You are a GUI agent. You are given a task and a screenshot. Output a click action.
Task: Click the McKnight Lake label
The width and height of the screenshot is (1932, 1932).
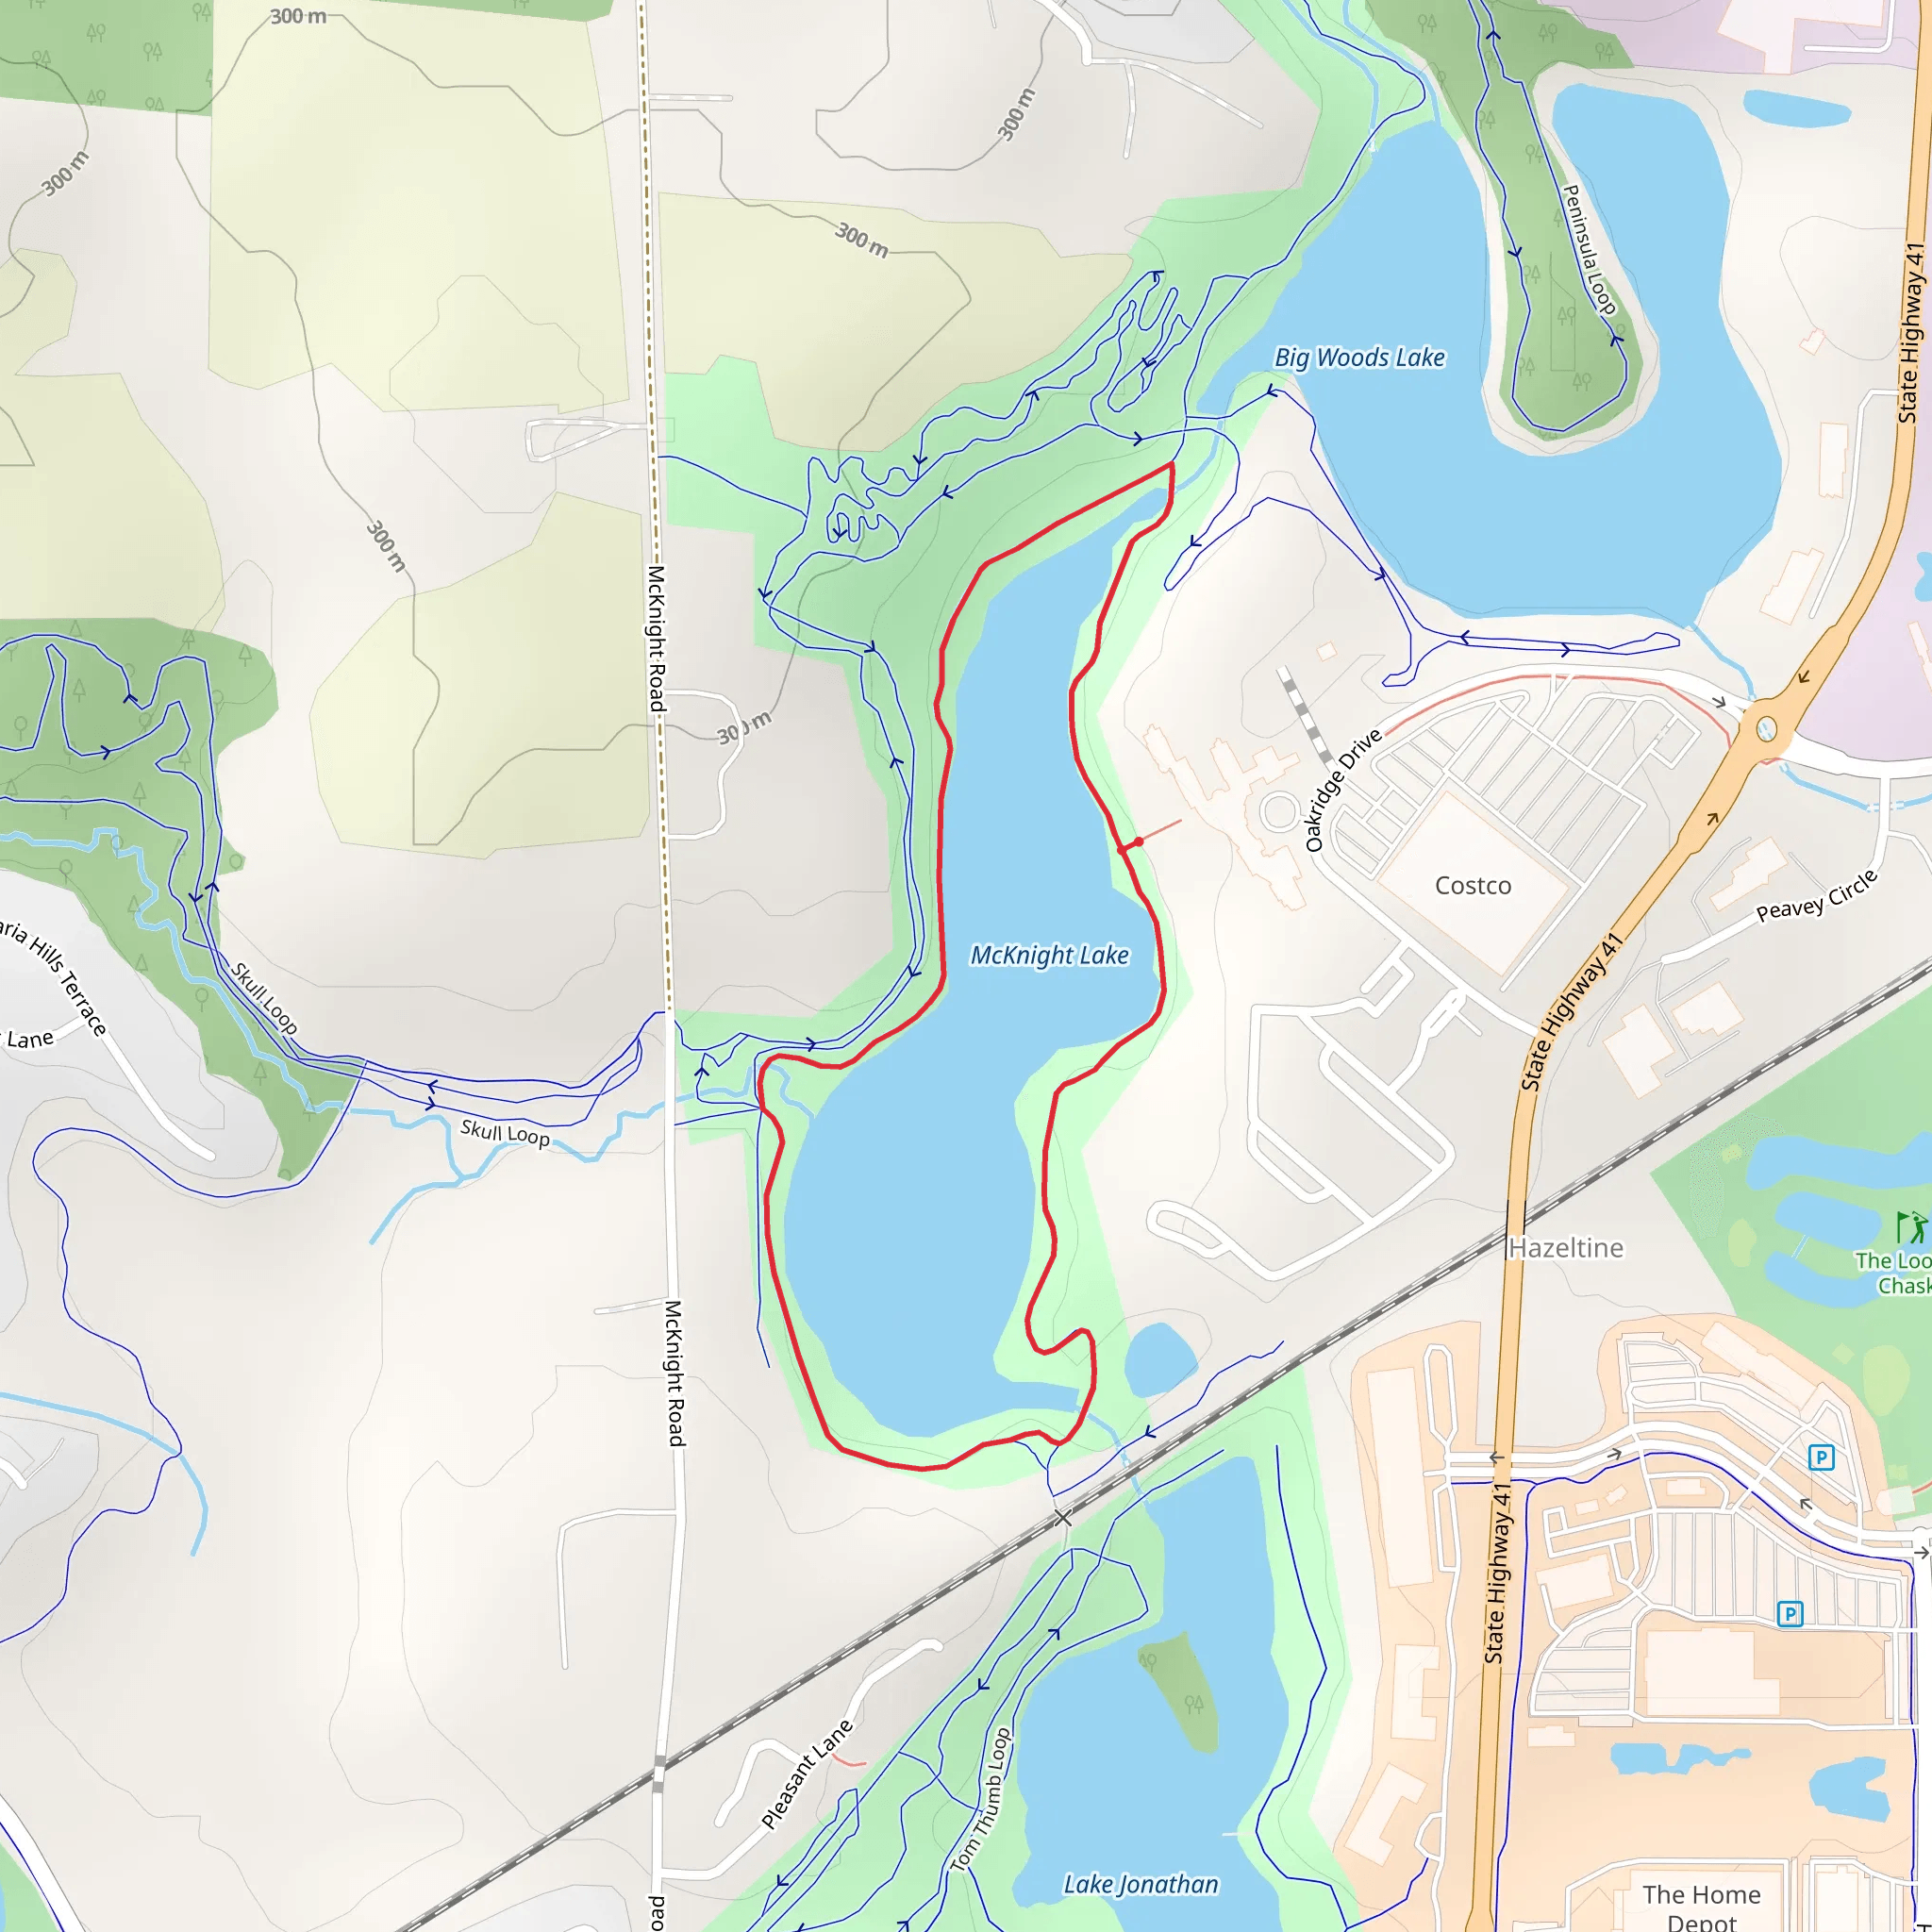click(1049, 955)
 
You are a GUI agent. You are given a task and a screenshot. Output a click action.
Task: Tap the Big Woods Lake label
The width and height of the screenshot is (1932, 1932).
click(1359, 358)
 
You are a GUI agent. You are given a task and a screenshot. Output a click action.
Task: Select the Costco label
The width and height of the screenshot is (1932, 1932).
click(1472, 885)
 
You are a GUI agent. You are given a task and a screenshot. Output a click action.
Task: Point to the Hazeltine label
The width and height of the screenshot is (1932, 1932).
click(1565, 1248)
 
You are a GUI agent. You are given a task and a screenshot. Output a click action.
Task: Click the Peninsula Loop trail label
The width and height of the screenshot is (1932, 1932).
click(1588, 250)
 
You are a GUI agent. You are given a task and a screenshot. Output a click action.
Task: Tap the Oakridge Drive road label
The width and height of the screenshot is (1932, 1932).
click(1343, 790)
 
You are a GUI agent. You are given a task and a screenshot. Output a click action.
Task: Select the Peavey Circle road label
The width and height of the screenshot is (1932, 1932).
click(1817, 896)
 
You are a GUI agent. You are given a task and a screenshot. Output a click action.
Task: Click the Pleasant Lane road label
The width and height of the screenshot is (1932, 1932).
click(806, 1775)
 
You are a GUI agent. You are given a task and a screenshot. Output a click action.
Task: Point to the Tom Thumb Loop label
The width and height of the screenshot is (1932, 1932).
click(980, 1800)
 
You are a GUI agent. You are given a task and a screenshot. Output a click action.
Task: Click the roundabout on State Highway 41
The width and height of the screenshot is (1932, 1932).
click(1766, 728)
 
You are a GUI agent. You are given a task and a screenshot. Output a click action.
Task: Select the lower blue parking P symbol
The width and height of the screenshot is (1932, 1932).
click(1789, 1613)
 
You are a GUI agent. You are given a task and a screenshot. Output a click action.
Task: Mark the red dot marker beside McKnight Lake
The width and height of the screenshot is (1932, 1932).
click(1138, 842)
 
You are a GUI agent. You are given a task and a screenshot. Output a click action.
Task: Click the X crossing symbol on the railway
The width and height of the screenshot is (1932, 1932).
click(1062, 1519)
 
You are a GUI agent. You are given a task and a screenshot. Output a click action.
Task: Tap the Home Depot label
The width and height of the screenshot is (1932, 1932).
click(1701, 1906)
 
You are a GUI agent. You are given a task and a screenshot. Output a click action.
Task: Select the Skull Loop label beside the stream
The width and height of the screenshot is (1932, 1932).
click(504, 1133)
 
